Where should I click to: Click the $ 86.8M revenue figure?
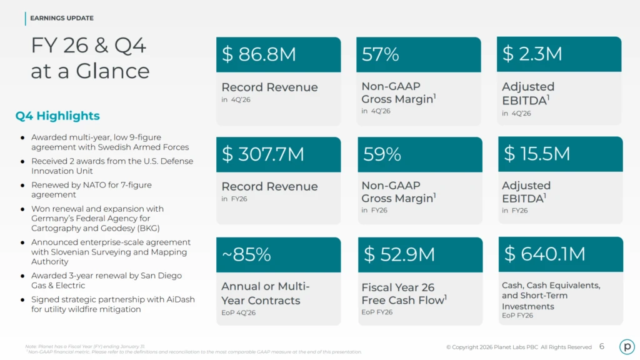click(259, 54)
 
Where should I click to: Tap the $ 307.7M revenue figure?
click(262, 154)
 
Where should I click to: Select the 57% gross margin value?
click(380, 54)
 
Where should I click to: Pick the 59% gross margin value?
click(382, 154)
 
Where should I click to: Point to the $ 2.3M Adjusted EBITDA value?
click(532, 54)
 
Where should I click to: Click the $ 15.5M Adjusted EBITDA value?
click(537, 154)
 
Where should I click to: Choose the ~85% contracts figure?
click(246, 254)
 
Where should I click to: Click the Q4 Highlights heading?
click(57, 116)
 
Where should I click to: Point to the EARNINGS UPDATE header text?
click(62, 18)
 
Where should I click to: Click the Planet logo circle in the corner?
click(626, 346)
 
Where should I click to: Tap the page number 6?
click(601, 346)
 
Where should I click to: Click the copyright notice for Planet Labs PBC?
click(519, 347)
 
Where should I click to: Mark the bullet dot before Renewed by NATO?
click(22, 186)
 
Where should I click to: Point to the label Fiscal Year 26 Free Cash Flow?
click(404, 294)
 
